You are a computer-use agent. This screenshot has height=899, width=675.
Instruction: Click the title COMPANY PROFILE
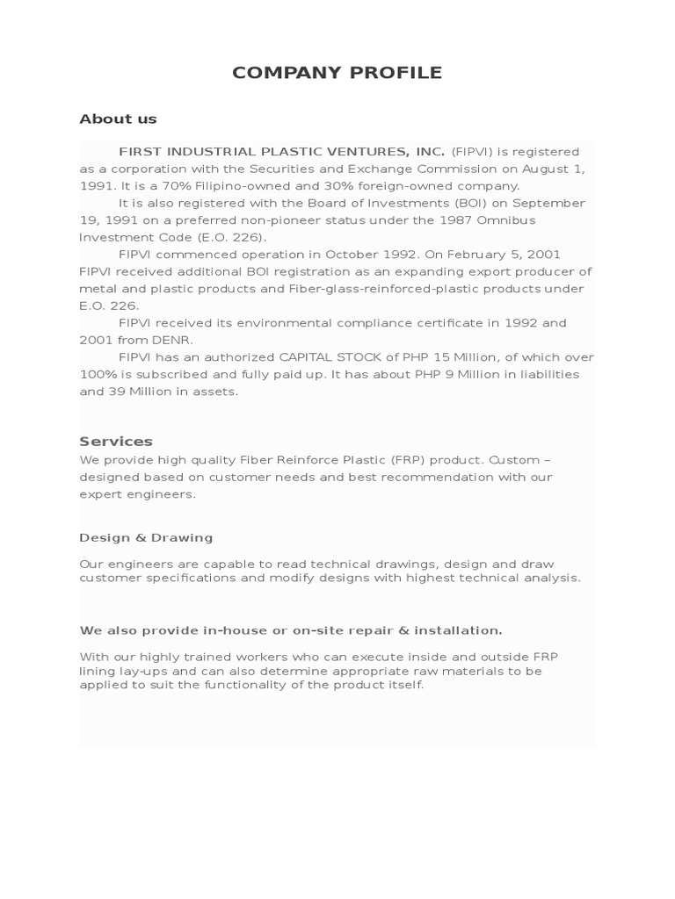(x=337, y=73)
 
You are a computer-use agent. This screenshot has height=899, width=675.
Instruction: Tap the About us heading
(x=118, y=119)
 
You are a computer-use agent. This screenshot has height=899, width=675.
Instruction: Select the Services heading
(x=116, y=441)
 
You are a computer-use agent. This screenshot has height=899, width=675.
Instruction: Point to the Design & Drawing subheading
(x=146, y=537)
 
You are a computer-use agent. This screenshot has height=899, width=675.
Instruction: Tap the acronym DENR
(x=175, y=340)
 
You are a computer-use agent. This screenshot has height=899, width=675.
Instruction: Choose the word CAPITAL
(x=315, y=357)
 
